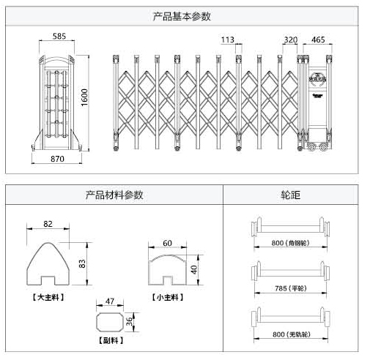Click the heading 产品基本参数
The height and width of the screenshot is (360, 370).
pos(185,15)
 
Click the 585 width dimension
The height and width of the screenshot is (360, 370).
pos(60,35)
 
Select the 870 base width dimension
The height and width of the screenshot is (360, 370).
pos(58,158)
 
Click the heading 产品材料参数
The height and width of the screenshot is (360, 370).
pos(114,195)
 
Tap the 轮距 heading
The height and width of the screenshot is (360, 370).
pos(291,195)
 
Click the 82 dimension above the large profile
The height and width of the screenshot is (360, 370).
pos(48,223)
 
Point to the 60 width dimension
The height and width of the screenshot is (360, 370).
pos(167,243)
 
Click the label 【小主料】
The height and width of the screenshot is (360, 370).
pos(168,297)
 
